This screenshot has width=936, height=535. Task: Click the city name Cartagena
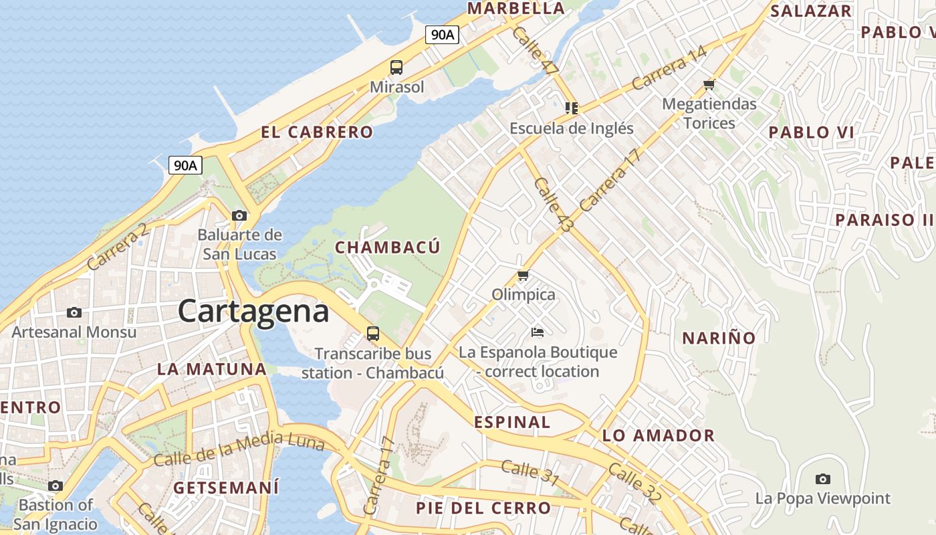253,312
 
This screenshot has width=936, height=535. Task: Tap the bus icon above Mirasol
396,67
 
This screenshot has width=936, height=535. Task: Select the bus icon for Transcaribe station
373,333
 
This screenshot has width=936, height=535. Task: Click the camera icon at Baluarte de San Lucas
239,215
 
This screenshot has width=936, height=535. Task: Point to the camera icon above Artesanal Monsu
74,312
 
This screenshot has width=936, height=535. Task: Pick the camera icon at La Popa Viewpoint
823,479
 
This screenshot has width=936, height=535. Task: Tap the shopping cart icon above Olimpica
523,275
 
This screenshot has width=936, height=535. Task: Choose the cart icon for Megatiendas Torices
709,84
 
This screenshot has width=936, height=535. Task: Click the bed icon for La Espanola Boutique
538,332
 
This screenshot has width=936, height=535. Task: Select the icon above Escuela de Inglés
571,108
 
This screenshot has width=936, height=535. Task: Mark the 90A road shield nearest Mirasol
443,35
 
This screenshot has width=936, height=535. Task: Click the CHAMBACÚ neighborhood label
388,247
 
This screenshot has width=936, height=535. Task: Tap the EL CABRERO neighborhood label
317,132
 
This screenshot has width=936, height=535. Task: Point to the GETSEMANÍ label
226,488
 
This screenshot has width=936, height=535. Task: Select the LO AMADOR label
659,435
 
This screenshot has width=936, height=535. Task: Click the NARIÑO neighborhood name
719,338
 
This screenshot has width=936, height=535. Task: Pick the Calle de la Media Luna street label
239,449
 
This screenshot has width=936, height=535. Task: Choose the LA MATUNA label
212,368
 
